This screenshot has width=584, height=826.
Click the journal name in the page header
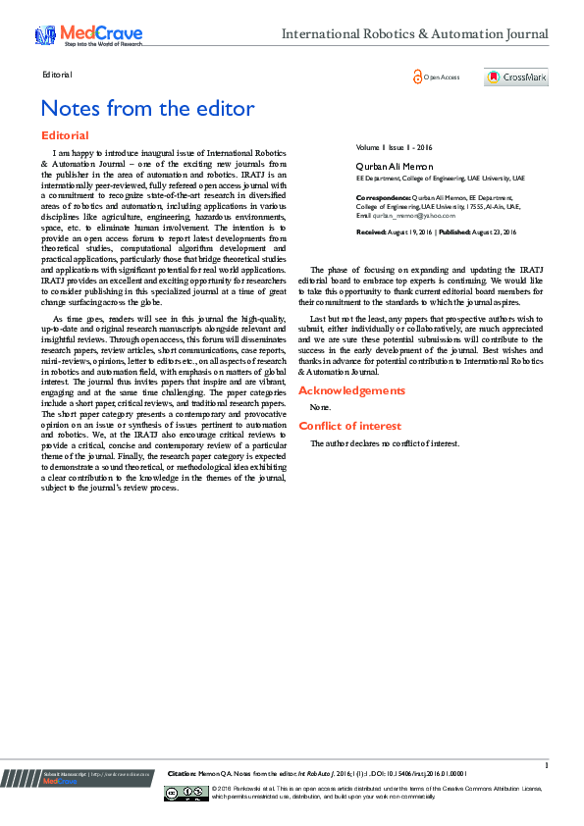(x=414, y=35)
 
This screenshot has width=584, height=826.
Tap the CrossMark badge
(x=515, y=77)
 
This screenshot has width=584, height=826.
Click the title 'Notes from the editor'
(x=147, y=108)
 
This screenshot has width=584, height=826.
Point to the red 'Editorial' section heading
(x=65, y=135)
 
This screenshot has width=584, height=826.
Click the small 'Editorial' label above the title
(x=58, y=75)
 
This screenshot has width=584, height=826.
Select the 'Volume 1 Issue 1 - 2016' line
(x=394, y=147)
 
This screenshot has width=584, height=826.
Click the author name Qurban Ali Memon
(x=394, y=166)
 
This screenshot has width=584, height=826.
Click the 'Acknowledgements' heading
(x=351, y=390)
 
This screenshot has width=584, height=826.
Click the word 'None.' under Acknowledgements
(x=320, y=406)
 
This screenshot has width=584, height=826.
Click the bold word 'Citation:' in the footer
(x=183, y=773)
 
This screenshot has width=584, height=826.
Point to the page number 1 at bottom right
(x=546, y=765)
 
